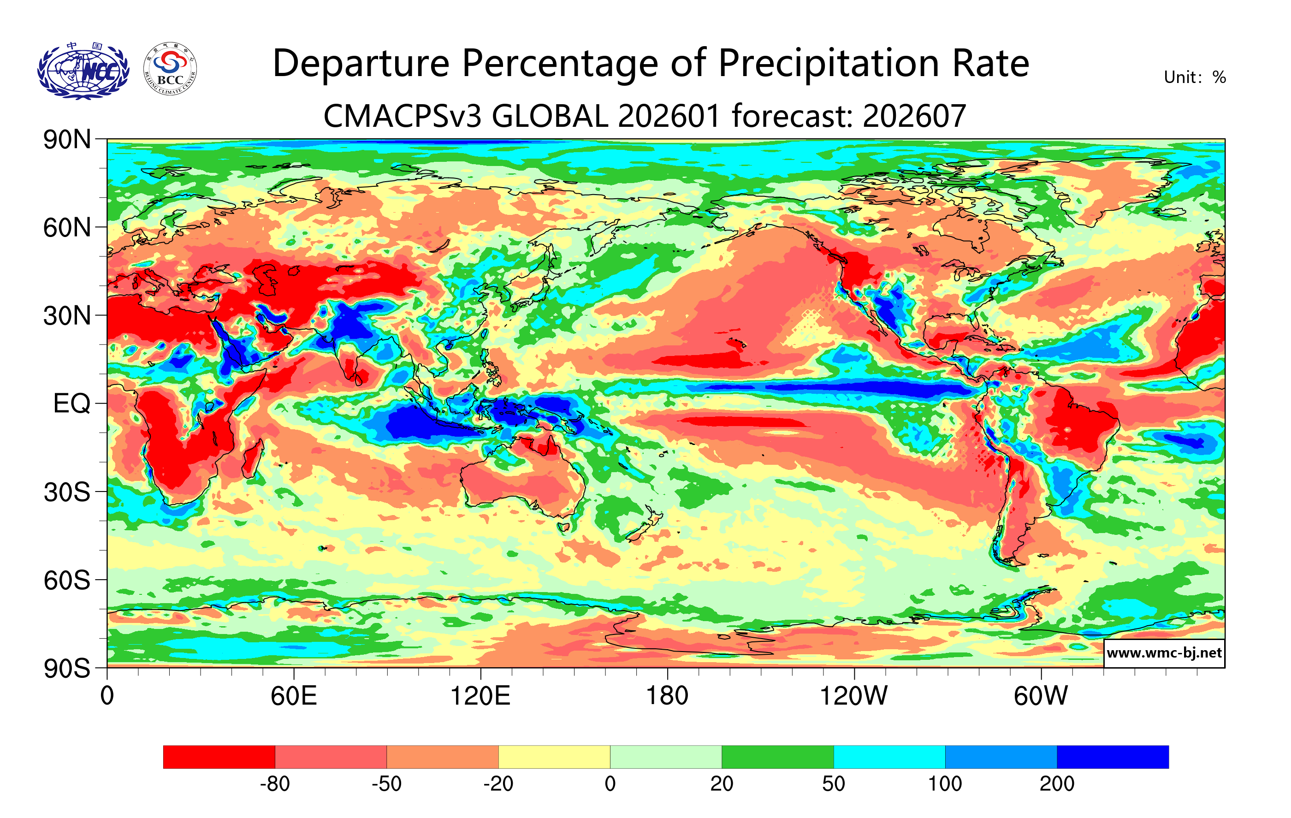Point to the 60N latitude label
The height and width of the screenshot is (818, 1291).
point(67,228)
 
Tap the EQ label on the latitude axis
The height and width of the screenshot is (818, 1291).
point(71,403)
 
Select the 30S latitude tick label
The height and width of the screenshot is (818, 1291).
point(67,492)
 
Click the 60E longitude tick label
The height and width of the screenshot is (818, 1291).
point(293,696)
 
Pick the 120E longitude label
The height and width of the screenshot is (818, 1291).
point(480,696)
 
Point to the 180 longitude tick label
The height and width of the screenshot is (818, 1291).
point(667,696)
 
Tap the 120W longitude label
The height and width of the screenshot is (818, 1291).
point(853,696)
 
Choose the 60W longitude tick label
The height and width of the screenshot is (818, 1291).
point(1041,696)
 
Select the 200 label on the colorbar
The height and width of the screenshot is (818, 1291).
point(1057,784)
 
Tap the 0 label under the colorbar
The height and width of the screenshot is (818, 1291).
point(610,784)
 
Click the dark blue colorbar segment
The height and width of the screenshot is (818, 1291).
point(1113,757)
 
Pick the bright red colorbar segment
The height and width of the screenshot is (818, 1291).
point(219,757)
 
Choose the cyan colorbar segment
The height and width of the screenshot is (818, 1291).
point(889,757)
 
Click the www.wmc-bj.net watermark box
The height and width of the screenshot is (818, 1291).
point(1164,653)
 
